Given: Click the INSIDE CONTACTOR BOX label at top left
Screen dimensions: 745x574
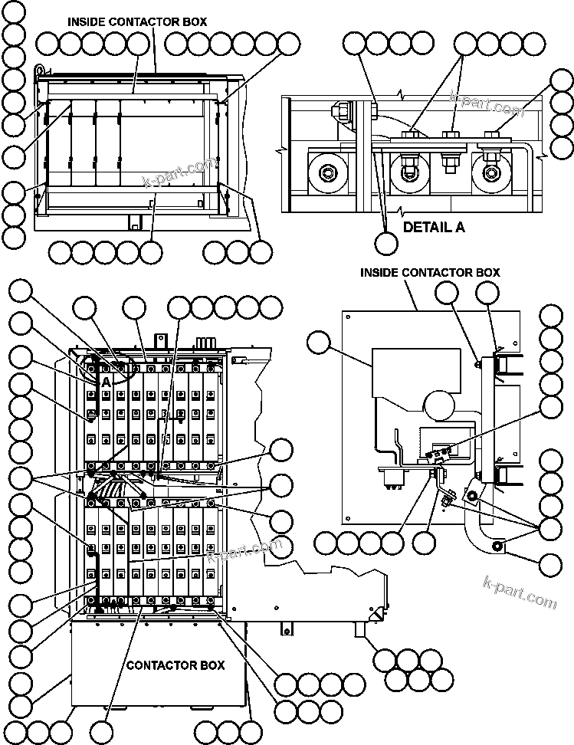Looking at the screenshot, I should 136,22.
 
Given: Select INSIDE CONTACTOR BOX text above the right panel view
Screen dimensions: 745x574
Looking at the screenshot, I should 430,272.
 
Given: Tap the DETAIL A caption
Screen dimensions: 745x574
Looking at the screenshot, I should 434,227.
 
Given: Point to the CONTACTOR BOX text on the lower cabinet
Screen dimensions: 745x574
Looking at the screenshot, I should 175,665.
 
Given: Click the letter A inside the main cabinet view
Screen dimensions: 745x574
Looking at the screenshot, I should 107,380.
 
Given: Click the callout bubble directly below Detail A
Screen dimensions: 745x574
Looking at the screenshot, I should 386,243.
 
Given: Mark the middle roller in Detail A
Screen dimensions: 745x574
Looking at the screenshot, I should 407,173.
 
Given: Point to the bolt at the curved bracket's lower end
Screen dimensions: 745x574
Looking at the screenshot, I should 498,546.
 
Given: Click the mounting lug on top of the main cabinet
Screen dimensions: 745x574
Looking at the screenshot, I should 160,339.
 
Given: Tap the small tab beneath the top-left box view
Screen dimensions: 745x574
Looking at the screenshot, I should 136,222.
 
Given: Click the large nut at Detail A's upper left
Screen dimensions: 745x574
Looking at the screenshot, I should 338,112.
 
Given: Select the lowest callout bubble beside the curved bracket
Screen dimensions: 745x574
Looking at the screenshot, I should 550,566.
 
